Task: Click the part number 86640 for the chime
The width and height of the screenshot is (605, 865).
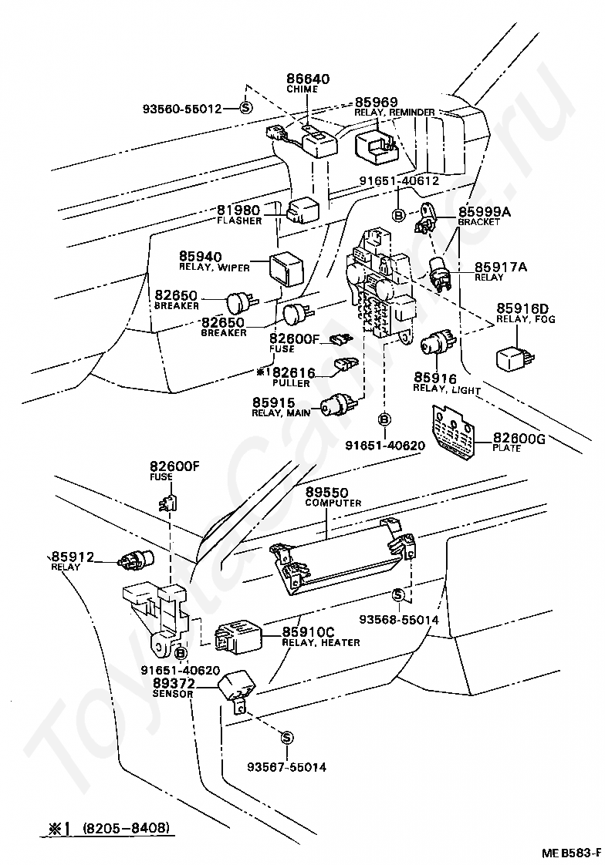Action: (x=308, y=79)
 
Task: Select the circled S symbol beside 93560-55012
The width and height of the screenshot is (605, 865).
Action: (x=245, y=108)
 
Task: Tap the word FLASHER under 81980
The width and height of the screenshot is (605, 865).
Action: (x=239, y=220)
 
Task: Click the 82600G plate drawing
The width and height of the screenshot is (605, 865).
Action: (x=453, y=432)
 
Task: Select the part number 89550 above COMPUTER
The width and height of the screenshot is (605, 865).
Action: (x=326, y=492)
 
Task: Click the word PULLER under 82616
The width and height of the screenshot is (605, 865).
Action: (x=291, y=383)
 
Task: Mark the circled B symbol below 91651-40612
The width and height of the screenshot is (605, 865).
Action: (x=398, y=215)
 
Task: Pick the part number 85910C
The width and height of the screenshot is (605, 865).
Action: (x=309, y=632)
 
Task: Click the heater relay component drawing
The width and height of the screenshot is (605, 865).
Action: (x=238, y=638)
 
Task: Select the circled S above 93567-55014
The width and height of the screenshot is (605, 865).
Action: (x=286, y=738)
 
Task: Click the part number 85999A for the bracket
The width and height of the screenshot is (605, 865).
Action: (x=485, y=212)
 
